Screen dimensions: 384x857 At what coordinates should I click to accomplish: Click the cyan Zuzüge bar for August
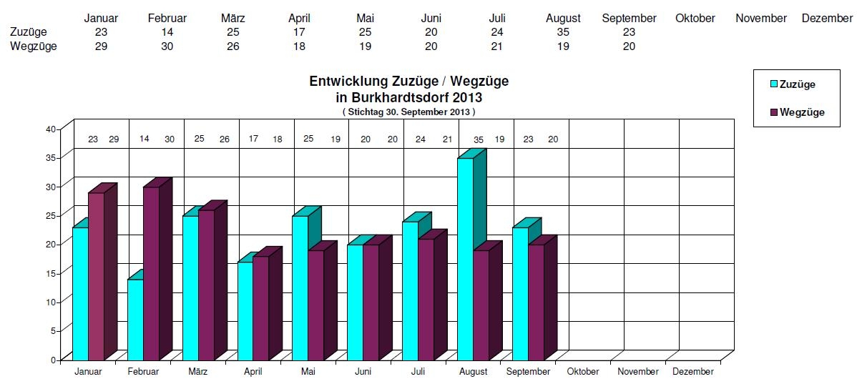click(x=465, y=257)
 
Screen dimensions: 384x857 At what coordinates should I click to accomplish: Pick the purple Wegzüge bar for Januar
click(x=96, y=275)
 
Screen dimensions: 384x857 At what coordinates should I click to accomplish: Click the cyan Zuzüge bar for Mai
click(x=300, y=286)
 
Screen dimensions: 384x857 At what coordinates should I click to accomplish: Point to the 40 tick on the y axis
click(x=51, y=129)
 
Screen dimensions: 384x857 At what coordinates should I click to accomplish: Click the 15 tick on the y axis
click(x=51, y=273)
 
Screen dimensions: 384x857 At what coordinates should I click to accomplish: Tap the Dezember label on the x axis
click(x=692, y=372)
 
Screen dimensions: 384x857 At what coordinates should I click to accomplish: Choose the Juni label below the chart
click(x=363, y=372)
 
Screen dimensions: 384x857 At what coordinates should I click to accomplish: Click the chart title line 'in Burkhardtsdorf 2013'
click(x=408, y=97)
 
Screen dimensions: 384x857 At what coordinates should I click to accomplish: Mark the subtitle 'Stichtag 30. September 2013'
click(x=408, y=112)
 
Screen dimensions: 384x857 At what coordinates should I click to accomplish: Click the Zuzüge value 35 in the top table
click(x=563, y=32)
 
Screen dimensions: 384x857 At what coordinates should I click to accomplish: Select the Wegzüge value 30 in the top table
click(x=167, y=46)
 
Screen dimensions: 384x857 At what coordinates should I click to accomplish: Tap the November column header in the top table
click(x=760, y=19)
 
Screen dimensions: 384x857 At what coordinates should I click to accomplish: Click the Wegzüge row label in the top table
click(x=33, y=46)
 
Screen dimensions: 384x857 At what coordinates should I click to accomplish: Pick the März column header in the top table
click(x=233, y=19)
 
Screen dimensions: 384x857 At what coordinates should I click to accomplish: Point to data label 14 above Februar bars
click(x=144, y=139)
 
